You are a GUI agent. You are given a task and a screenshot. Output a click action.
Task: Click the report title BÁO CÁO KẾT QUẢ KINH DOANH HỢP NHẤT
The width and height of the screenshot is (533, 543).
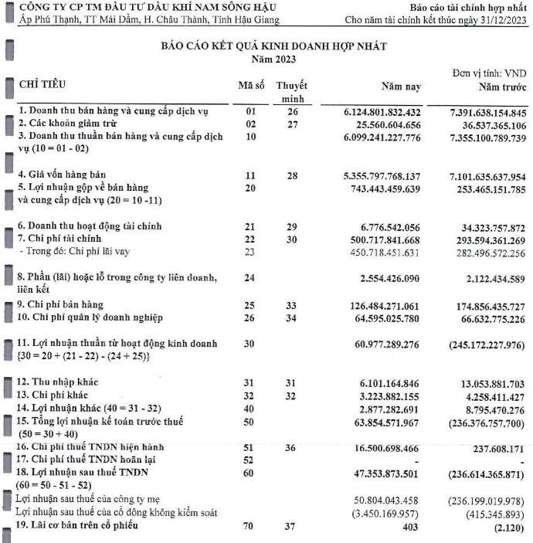pyautogui.click(x=274, y=46)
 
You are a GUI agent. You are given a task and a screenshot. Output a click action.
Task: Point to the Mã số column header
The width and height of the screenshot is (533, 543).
pyautogui.click(x=250, y=84)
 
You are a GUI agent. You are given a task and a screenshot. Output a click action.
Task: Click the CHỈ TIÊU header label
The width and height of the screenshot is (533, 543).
pyautogui.click(x=42, y=83)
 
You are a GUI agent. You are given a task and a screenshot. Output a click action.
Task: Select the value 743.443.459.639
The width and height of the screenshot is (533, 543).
pyautogui.click(x=398, y=188)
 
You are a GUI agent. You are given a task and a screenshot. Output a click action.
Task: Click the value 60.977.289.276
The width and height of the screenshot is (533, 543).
pyautogui.click(x=401, y=342)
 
